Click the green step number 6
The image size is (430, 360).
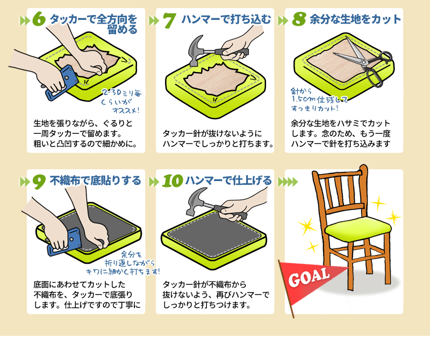point(39,19)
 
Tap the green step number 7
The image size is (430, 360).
point(169,20)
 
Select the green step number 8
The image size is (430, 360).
point(299,19)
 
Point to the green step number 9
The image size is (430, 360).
point(39,182)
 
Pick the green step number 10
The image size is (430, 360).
point(173,181)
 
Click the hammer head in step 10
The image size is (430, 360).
point(195,201)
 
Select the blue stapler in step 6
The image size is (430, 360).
point(62,83)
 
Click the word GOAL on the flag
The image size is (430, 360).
point(309,277)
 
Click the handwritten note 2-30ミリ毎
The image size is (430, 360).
point(121,92)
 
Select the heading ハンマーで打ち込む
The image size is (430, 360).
point(226,19)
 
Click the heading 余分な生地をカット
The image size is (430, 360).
point(355,19)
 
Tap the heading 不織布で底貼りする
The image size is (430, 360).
point(96,181)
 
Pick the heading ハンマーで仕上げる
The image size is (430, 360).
point(228,181)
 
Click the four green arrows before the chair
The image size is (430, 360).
point(288,182)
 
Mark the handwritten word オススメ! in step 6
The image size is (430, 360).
point(126,110)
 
